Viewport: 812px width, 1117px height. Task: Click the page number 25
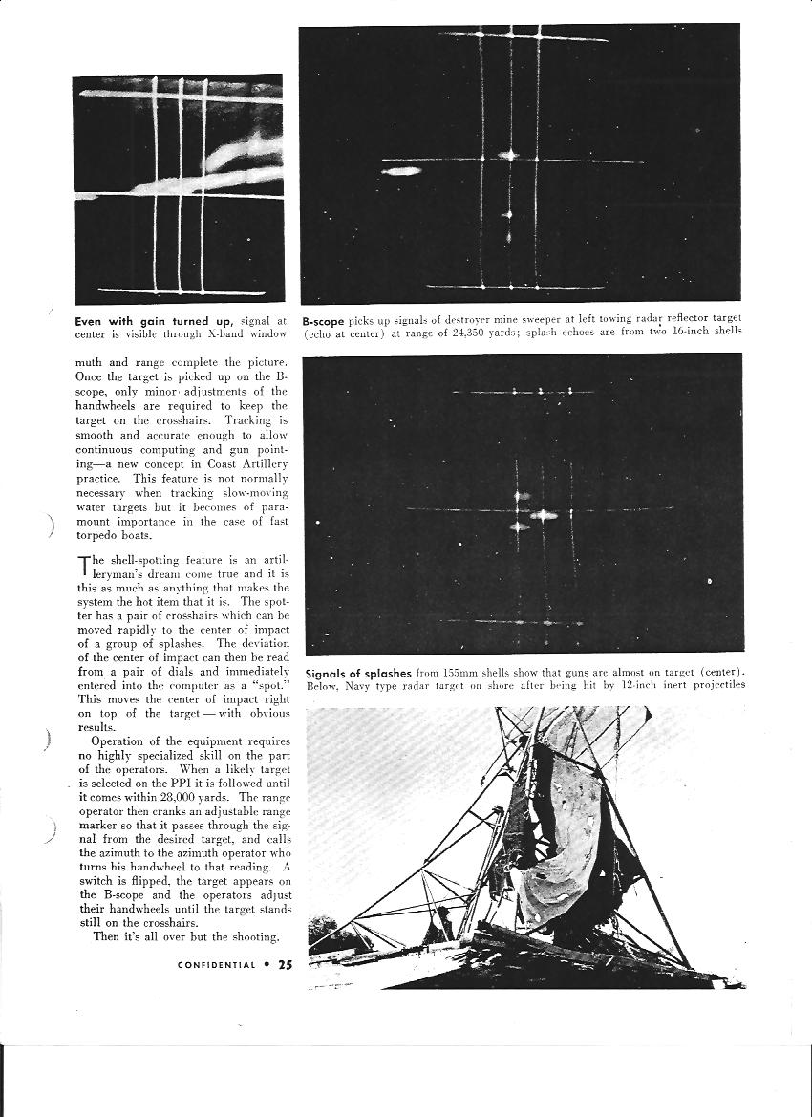click(x=285, y=964)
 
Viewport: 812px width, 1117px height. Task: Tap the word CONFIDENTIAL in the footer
click(x=217, y=964)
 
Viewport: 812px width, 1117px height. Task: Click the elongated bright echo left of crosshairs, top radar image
click(x=402, y=172)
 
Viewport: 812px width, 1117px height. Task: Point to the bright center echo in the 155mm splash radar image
click(x=545, y=514)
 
